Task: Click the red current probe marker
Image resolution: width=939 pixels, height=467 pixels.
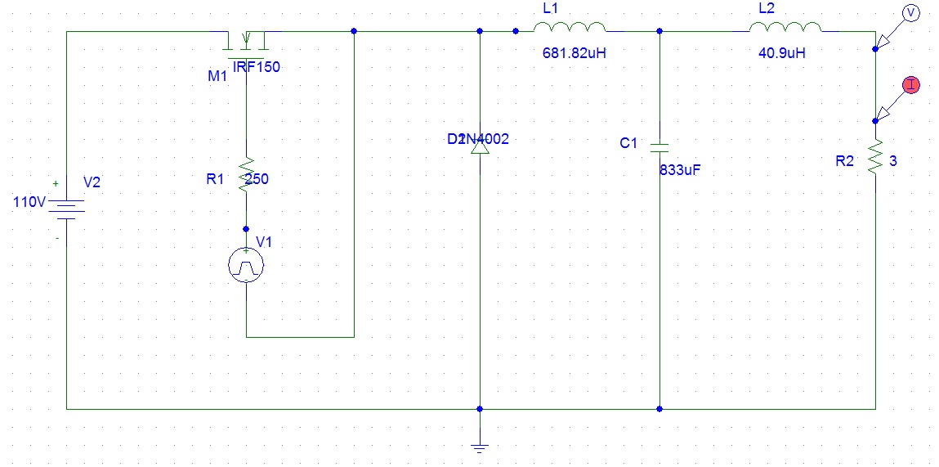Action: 910,84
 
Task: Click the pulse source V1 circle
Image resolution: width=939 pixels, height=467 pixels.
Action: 246,264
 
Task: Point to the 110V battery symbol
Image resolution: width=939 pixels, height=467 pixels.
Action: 66,208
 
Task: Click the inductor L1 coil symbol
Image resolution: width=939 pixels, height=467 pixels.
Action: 570,28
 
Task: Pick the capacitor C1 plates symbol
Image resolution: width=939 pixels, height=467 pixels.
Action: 660,148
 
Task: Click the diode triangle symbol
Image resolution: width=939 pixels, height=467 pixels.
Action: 480,148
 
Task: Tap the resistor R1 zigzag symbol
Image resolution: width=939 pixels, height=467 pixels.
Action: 246,175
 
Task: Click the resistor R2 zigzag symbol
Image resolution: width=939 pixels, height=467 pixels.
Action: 875,157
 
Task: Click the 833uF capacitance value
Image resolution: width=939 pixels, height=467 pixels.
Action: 680,171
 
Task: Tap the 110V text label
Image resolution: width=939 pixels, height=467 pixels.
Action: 28,202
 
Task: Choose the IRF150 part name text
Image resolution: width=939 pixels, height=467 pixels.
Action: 256,67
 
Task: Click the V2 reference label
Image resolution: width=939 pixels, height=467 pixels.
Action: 92,182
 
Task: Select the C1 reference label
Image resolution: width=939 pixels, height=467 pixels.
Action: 628,143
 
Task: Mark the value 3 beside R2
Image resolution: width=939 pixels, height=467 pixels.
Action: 893,162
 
